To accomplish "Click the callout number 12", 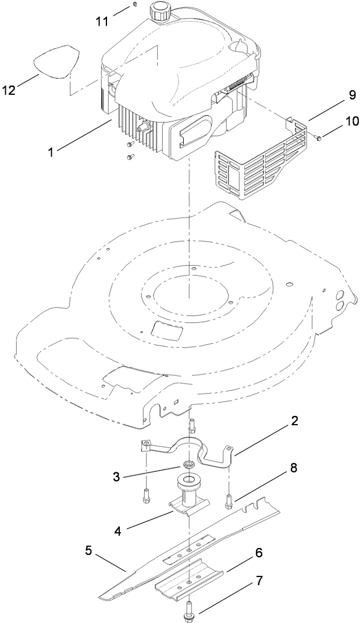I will tap(9, 90).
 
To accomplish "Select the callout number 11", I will tap(102, 22).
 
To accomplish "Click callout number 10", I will tap(336, 122).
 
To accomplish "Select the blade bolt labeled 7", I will tap(190, 608).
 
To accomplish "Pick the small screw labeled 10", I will tap(318, 138).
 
